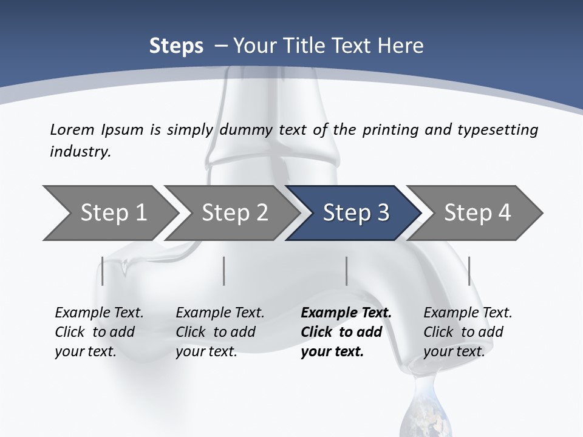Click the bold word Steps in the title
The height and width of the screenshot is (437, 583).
176,46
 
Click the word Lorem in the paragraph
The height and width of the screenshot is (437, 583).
72,129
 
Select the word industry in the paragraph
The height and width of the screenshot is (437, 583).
80,152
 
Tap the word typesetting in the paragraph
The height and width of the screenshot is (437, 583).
497,129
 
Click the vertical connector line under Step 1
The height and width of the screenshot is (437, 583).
103,271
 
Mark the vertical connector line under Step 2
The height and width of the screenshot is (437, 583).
224,271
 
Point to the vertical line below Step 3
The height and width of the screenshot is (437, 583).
347,271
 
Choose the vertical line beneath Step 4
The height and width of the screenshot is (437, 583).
469,271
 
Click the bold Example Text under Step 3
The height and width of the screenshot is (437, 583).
346,313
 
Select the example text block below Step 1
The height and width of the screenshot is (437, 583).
98,332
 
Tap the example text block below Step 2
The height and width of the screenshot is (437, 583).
220,332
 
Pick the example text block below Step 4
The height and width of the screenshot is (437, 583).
467,332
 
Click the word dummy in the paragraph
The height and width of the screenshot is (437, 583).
244,129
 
